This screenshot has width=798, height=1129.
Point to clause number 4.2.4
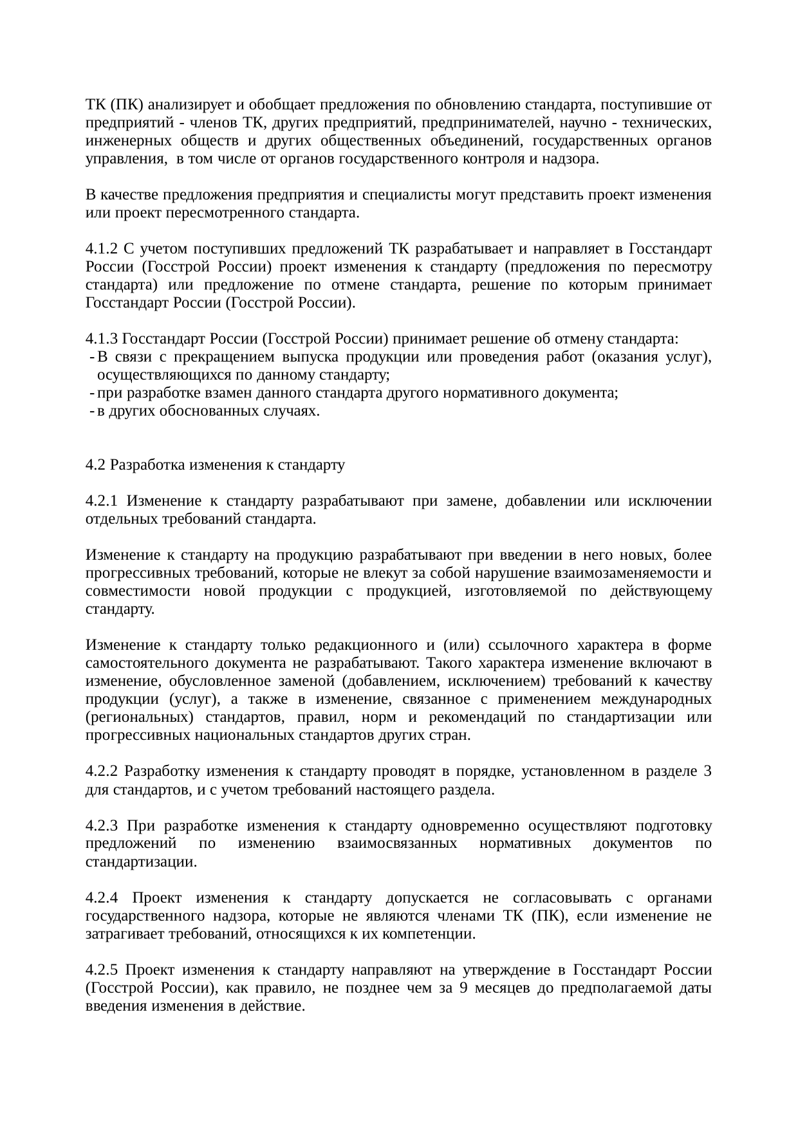(102, 898)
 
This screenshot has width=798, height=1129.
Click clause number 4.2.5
(102, 970)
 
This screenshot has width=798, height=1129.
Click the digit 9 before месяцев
(465, 988)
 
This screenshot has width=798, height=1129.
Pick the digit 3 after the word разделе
(707, 771)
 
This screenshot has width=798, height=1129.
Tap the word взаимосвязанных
(397, 844)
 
